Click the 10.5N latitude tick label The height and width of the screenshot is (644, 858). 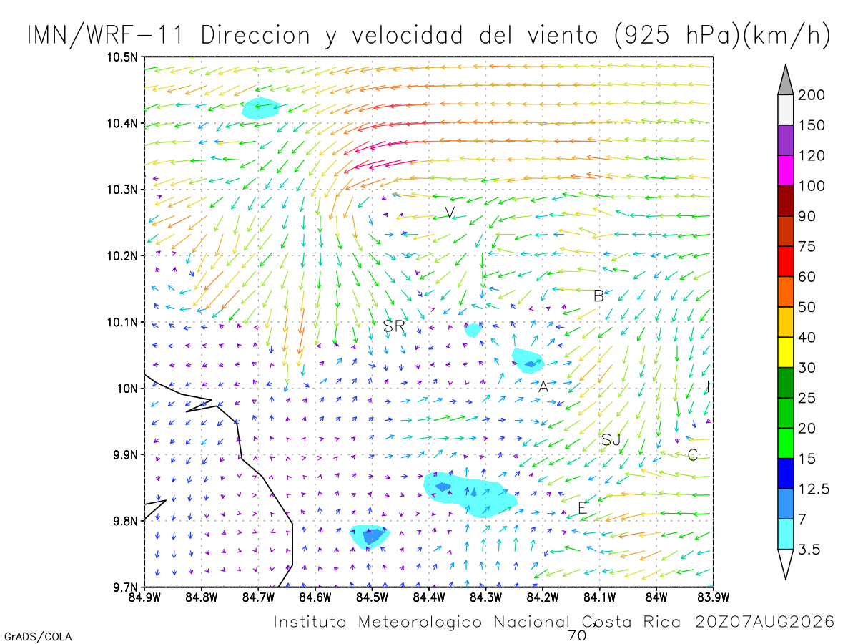coord(122,57)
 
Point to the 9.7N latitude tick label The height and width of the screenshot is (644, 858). coord(125,587)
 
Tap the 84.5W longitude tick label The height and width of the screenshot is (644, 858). coord(372,597)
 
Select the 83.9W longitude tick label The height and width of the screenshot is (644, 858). coord(714,597)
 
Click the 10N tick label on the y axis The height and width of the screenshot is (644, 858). coord(127,389)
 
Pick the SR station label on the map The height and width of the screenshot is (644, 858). coord(394,326)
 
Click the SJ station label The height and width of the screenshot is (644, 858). coord(611,440)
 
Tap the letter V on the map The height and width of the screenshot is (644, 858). coord(450,213)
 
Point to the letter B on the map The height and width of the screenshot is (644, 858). coord(598,296)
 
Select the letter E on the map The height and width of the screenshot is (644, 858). coord(583,508)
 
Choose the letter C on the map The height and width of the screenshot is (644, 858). coord(692,455)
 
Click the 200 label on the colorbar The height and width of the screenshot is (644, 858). coord(811,95)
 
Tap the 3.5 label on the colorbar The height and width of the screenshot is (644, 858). coord(809,550)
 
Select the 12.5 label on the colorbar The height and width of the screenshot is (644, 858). coord(814,489)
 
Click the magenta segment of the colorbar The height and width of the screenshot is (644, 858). coord(785,170)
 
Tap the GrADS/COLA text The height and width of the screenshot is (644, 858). coord(38,636)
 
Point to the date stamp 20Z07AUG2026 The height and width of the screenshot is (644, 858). coord(764,622)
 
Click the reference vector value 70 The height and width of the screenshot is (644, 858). coord(577,636)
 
